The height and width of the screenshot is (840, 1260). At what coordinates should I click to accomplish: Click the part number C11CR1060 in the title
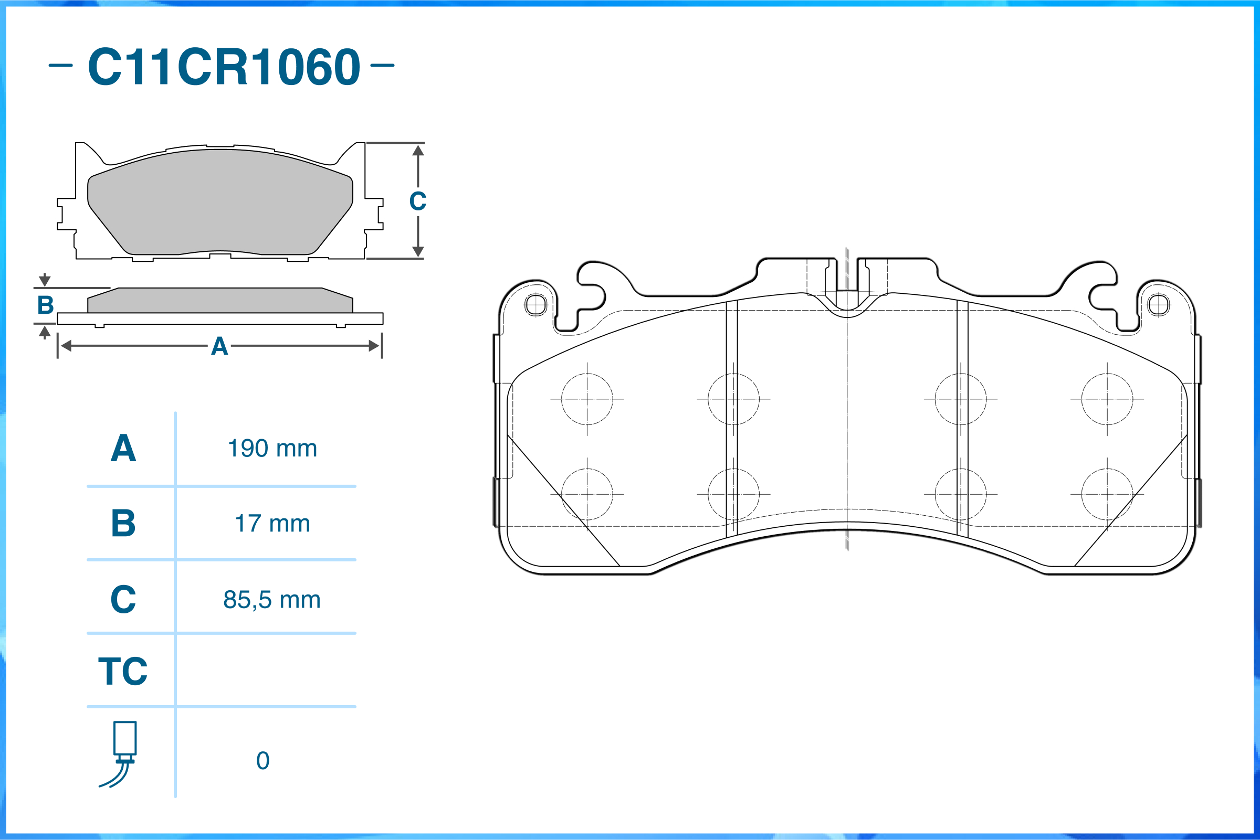(224, 67)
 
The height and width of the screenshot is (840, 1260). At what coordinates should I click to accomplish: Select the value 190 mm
(272, 449)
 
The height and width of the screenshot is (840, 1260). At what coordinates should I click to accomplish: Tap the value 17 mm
(272, 524)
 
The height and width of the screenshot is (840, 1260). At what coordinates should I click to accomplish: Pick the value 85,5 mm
(272, 600)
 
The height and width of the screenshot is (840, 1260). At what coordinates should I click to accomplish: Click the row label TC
(123, 671)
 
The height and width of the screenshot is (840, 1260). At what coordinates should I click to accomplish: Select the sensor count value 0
(262, 761)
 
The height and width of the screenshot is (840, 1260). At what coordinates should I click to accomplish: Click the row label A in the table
(123, 449)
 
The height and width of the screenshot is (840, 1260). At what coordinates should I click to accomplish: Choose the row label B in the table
(123, 524)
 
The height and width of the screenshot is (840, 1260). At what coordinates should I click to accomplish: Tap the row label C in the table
(123, 600)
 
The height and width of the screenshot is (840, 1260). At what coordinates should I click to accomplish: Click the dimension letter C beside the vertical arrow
(417, 201)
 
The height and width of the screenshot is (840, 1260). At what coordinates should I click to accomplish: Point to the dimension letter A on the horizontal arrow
(219, 347)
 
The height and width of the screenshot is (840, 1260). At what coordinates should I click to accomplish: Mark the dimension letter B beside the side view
(46, 305)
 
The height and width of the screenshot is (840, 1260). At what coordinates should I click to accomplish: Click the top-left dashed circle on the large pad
(587, 399)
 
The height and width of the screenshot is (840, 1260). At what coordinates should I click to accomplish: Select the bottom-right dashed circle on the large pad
(1107, 494)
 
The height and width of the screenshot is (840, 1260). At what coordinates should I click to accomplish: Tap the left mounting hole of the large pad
(536, 305)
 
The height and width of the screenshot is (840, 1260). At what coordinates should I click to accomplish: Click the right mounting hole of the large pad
(1159, 305)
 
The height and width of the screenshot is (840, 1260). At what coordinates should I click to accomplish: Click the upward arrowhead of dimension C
(418, 151)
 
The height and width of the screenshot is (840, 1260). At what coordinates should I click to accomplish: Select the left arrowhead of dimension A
(66, 346)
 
